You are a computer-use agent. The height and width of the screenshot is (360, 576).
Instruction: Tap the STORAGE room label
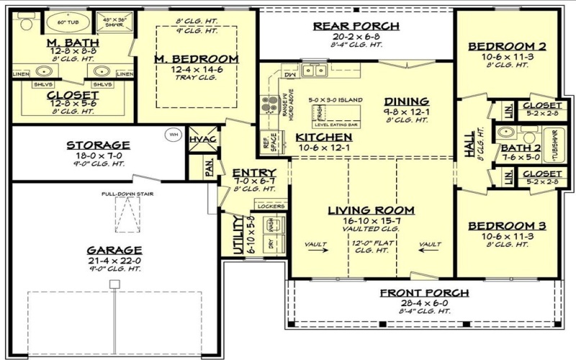[x=98, y=145]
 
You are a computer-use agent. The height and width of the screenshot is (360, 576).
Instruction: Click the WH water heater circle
[x=173, y=134]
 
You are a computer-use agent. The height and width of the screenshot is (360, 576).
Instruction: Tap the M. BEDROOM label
[x=197, y=58]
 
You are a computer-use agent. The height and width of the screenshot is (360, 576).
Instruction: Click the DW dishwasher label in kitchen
[x=291, y=74]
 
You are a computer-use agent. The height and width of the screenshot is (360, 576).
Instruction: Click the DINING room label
[x=406, y=102]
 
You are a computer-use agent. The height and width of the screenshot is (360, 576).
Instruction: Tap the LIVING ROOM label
[x=371, y=210]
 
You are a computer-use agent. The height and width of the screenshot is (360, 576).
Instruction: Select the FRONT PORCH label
[x=425, y=292]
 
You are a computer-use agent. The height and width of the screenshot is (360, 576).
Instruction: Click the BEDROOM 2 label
[x=507, y=47]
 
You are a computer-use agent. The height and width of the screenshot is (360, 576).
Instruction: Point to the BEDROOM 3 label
[x=507, y=226]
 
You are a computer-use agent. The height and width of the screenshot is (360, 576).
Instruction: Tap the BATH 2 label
[x=515, y=148]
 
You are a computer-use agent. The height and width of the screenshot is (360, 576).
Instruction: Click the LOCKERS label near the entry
[x=269, y=206]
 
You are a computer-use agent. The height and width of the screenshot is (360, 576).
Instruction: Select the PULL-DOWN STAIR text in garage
[x=127, y=194]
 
